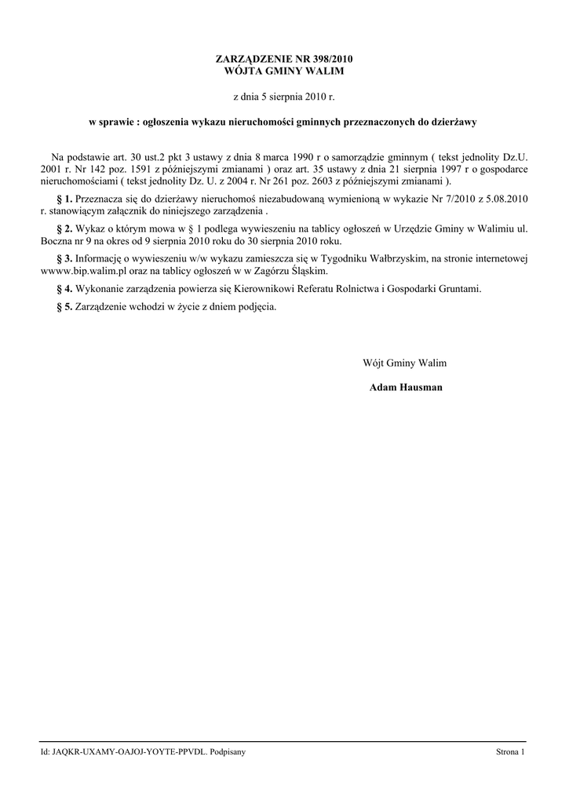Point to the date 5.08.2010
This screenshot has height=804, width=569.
coord(506,199)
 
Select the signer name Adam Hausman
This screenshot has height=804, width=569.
coord(406,388)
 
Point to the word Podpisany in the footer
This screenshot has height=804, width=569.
coord(228,752)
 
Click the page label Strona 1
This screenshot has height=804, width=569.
coord(509,752)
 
